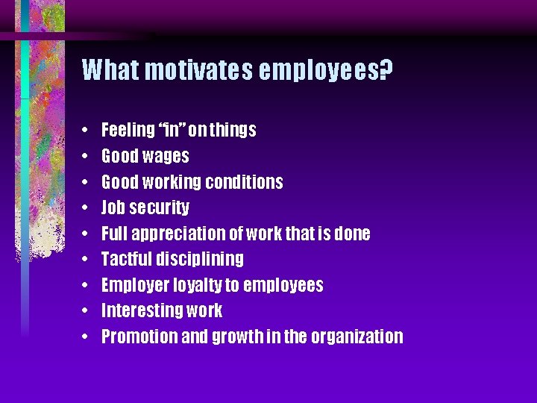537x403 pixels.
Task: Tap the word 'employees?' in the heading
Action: click(x=327, y=70)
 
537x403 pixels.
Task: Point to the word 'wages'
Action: click(x=169, y=157)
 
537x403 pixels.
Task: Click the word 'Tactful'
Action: click(x=125, y=259)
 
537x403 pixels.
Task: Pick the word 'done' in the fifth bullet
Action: click(x=351, y=234)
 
